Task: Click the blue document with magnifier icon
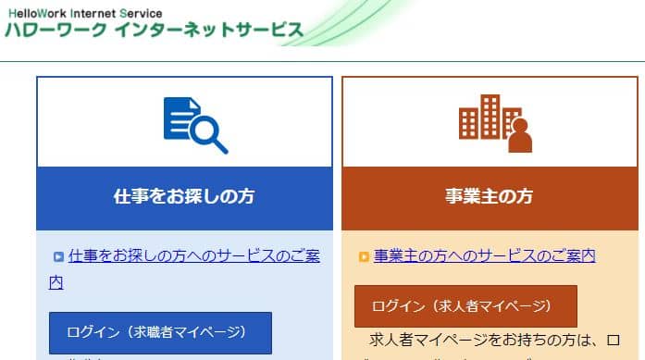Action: click(194, 124)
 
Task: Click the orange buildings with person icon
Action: click(495, 123)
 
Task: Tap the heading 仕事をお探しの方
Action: click(184, 197)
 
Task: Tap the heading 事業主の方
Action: click(489, 197)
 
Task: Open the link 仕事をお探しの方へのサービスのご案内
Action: click(193, 256)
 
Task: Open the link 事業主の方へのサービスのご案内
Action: click(484, 255)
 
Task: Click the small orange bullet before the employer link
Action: click(364, 256)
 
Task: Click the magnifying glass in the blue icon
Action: click(209, 135)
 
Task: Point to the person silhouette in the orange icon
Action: click(520, 136)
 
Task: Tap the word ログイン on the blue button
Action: click(93, 331)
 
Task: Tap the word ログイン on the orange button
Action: click(398, 305)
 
